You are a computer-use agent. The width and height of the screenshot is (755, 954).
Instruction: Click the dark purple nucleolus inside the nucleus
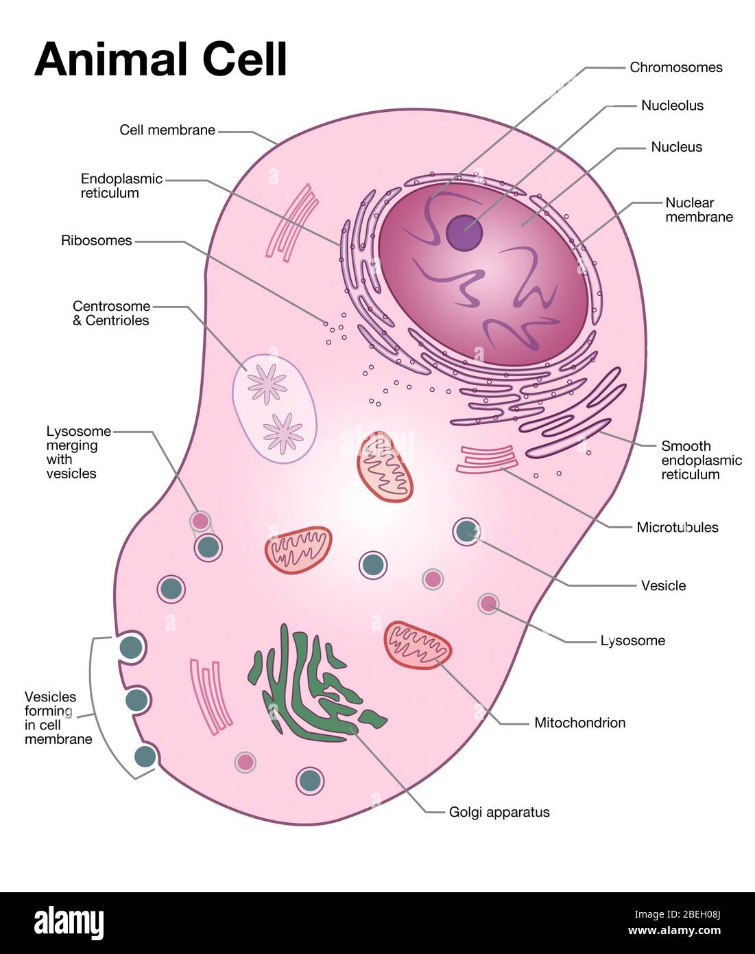464,232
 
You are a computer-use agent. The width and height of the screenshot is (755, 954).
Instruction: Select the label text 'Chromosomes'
675,67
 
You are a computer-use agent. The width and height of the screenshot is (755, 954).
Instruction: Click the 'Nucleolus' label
672,106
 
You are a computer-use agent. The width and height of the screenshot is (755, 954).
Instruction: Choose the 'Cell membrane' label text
167,130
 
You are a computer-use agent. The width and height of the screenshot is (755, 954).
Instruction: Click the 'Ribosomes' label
96,241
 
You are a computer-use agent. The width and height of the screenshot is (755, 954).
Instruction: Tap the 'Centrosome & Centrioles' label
111,313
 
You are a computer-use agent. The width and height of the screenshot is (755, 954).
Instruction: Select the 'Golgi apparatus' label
499,812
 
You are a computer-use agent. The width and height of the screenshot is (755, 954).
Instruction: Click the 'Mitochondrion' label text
579,723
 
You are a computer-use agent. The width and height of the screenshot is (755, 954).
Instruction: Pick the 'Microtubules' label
677,527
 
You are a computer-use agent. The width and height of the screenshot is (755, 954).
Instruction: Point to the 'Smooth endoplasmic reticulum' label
701,460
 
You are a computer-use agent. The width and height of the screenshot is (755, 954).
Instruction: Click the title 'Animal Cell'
160,59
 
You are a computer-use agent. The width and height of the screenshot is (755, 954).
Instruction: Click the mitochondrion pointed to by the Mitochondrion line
418,644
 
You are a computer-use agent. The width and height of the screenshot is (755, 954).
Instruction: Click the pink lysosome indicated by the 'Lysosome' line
488,603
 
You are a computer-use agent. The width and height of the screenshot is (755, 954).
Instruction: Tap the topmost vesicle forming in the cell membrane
130,647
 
